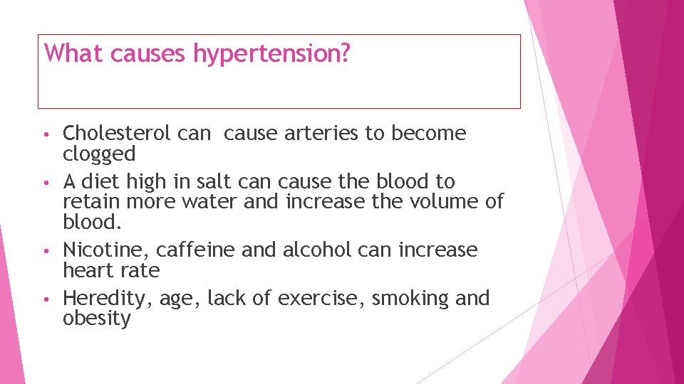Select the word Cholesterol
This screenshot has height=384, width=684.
(x=117, y=133)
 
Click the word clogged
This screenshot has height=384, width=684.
(x=99, y=154)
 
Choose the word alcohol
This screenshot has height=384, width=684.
(x=317, y=250)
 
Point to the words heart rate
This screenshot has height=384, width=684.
(x=111, y=270)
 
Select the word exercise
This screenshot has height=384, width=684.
(x=321, y=299)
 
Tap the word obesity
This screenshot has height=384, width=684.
(x=97, y=319)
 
